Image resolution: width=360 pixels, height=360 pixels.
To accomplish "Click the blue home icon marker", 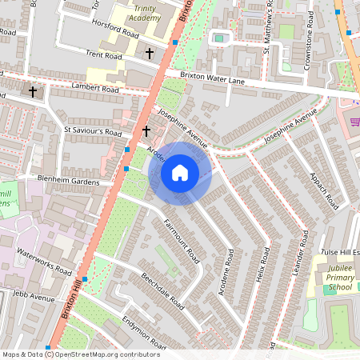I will [180, 173].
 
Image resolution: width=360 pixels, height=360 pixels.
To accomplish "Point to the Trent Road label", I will [104, 56].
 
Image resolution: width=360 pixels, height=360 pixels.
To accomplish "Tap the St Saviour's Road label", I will [92, 131].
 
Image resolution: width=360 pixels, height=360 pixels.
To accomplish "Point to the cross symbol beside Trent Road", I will [150, 53].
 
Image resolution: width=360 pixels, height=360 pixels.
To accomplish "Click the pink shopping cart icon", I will [354, 121].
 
